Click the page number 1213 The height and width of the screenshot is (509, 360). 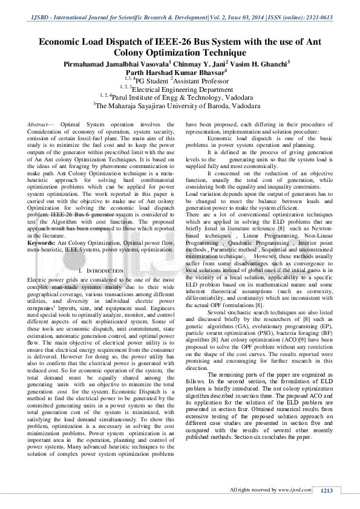pos(327,490)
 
